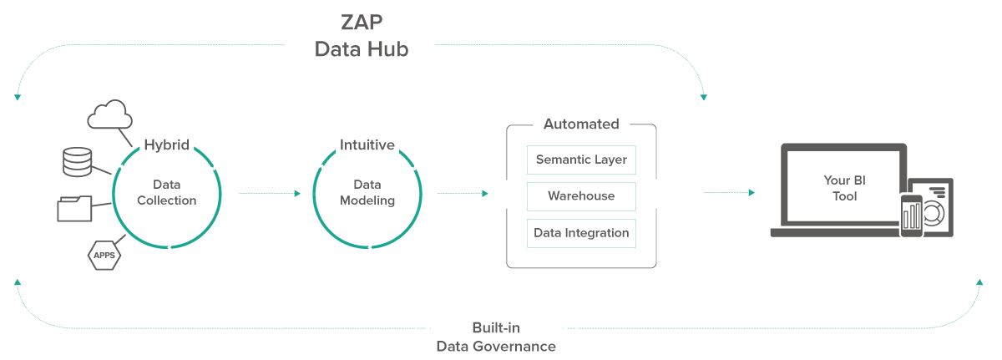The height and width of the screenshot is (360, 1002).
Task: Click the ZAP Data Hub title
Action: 361,36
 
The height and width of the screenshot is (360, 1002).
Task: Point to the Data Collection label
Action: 167,192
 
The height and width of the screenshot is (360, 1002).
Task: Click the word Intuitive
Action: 367,145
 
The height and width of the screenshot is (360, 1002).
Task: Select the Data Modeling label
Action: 367,192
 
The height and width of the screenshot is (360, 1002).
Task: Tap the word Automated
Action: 581,124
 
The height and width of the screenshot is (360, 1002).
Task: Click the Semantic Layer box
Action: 581,160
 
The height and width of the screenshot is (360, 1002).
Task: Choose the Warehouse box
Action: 581,196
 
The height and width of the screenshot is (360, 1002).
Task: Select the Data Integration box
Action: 581,233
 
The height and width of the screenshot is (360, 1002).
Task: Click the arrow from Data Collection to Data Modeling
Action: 269,193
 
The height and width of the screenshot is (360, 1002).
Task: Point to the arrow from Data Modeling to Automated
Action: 462,193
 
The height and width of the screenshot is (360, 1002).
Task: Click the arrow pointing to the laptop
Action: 729,193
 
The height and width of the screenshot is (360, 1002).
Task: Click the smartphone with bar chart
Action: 910,215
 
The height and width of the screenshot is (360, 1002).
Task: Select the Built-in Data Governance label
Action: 496,337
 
